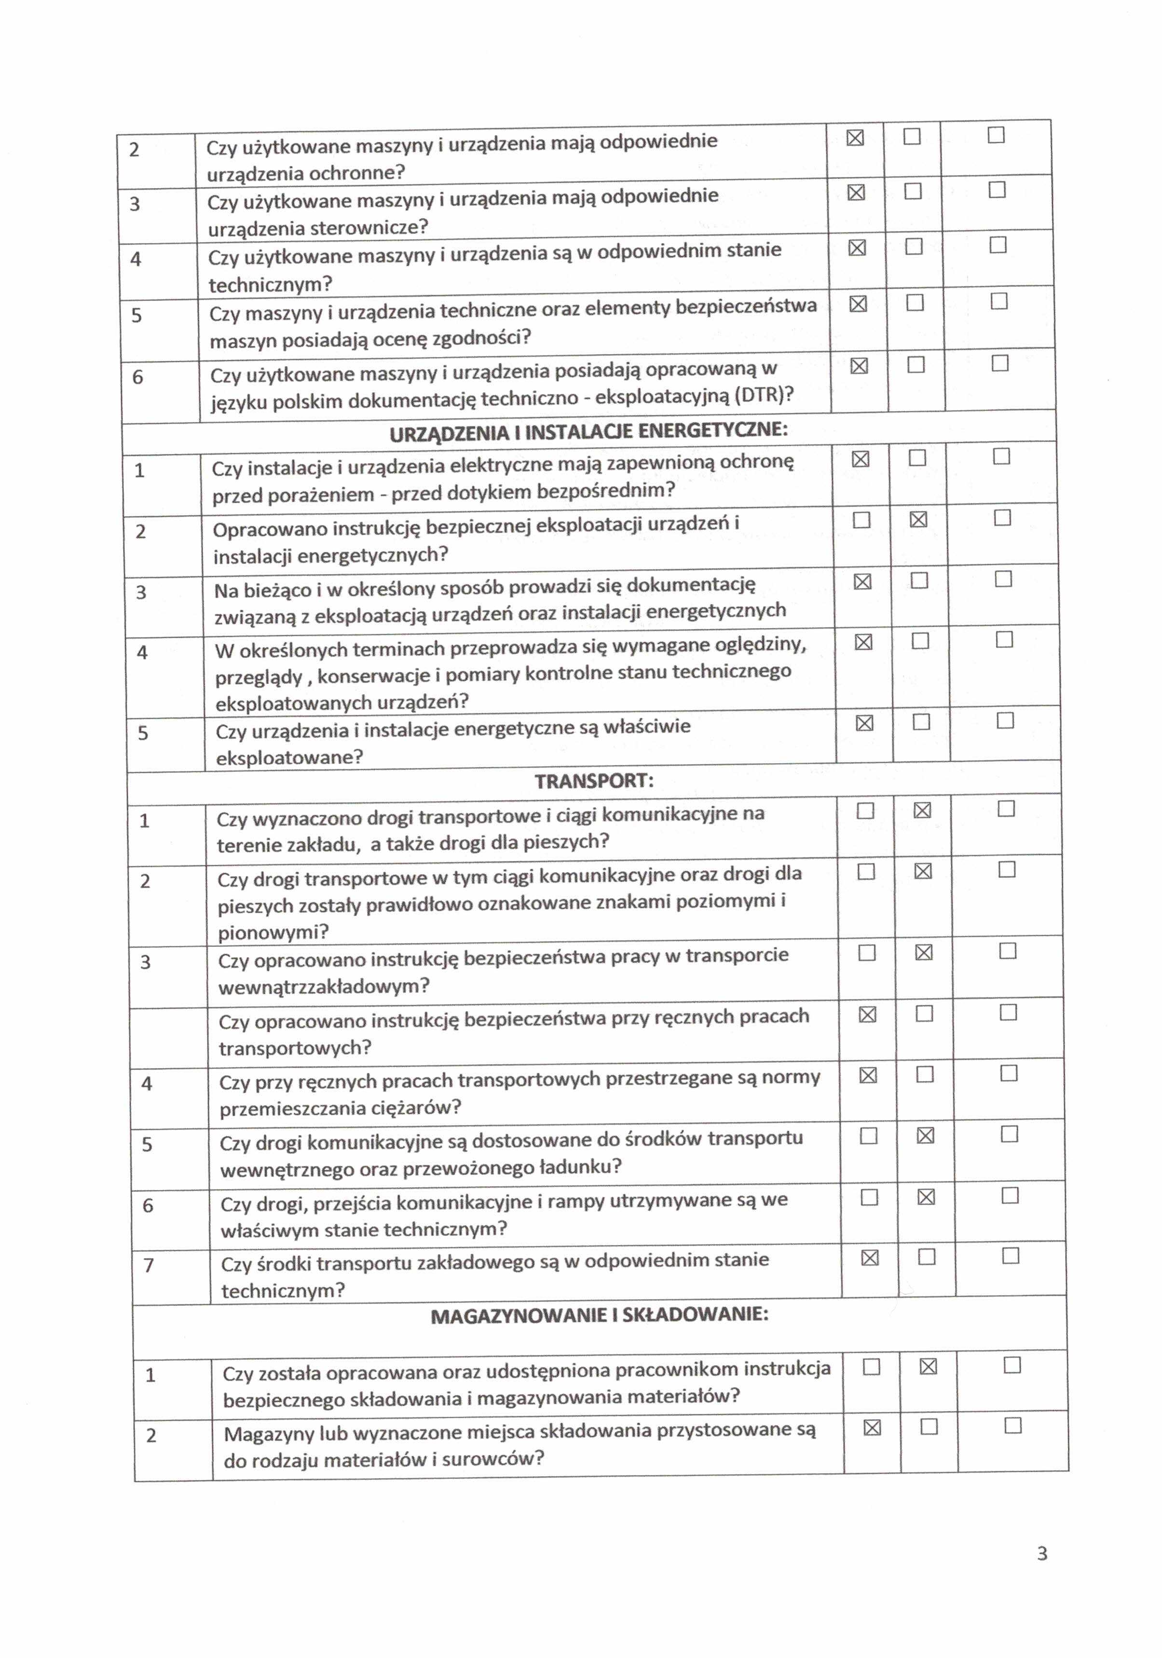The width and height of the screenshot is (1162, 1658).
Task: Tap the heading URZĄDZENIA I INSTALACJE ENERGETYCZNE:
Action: [588, 432]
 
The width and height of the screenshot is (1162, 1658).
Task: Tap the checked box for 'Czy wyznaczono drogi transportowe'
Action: [922, 810]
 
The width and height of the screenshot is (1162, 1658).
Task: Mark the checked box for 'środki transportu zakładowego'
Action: [870, 1258]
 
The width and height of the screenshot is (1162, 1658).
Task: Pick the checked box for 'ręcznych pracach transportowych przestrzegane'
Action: [868, 1075]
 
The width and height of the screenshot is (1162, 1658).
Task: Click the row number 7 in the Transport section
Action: [149, 1265]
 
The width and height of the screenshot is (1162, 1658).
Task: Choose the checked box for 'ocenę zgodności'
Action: [858, 304]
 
